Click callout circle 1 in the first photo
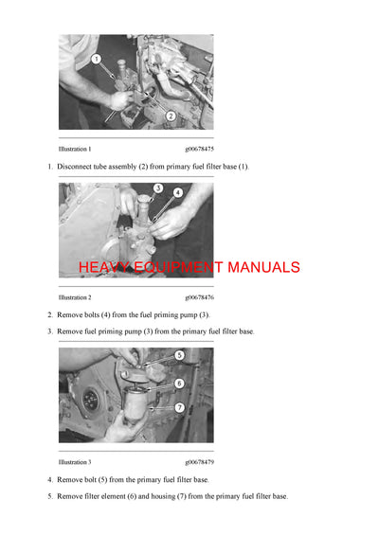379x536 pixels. click(97, 60)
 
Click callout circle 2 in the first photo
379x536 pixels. click(170, 116)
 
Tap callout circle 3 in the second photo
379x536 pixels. click(157, 188)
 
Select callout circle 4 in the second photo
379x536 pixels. click(177, 192)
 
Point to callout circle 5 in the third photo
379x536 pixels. click(178, 355)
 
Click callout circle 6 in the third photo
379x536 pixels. click(178, 384)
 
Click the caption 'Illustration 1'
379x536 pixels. click(75, 150)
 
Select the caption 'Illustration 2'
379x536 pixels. click(75, 297)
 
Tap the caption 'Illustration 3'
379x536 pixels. click(75, 462)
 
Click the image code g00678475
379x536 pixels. click(199, 150)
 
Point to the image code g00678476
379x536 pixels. click(199, 297)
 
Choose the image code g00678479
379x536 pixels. click(199, 462)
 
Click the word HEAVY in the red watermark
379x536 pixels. click(103, 267)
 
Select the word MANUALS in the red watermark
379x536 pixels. click(262, 267)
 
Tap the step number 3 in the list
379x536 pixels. click(50, 331)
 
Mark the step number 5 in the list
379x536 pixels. click(50, 496)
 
